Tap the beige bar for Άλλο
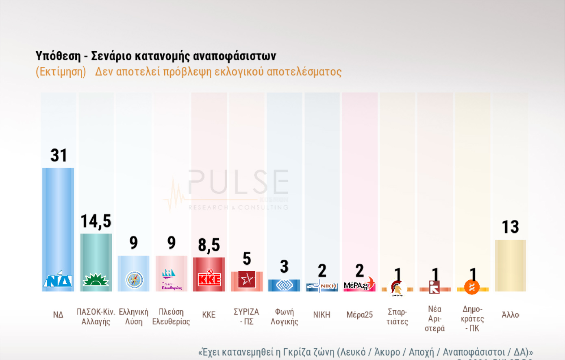click(x=510, y=265)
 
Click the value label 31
click(x=59, y=155)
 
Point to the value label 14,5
click(x=96, y=221)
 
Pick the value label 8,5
click(x=209, y=245)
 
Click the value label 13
click(x=510, y=227)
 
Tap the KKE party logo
click(x=209, y=278)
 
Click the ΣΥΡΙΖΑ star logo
click(x=247, y=279)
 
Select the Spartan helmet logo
click(x=397, y=288)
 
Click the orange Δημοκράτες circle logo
click(x=472, y=287)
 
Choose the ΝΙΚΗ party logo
click(x=322, y=286)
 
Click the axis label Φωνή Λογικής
click(x=284, y=317)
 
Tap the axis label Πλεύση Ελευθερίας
click(x=171, y=317)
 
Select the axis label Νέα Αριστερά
click(x=435, y=319)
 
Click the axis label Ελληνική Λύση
click(x=133, y=317)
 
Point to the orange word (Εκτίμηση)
click(x=61, y=72)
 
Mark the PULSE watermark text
click(x=239, y=182)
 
